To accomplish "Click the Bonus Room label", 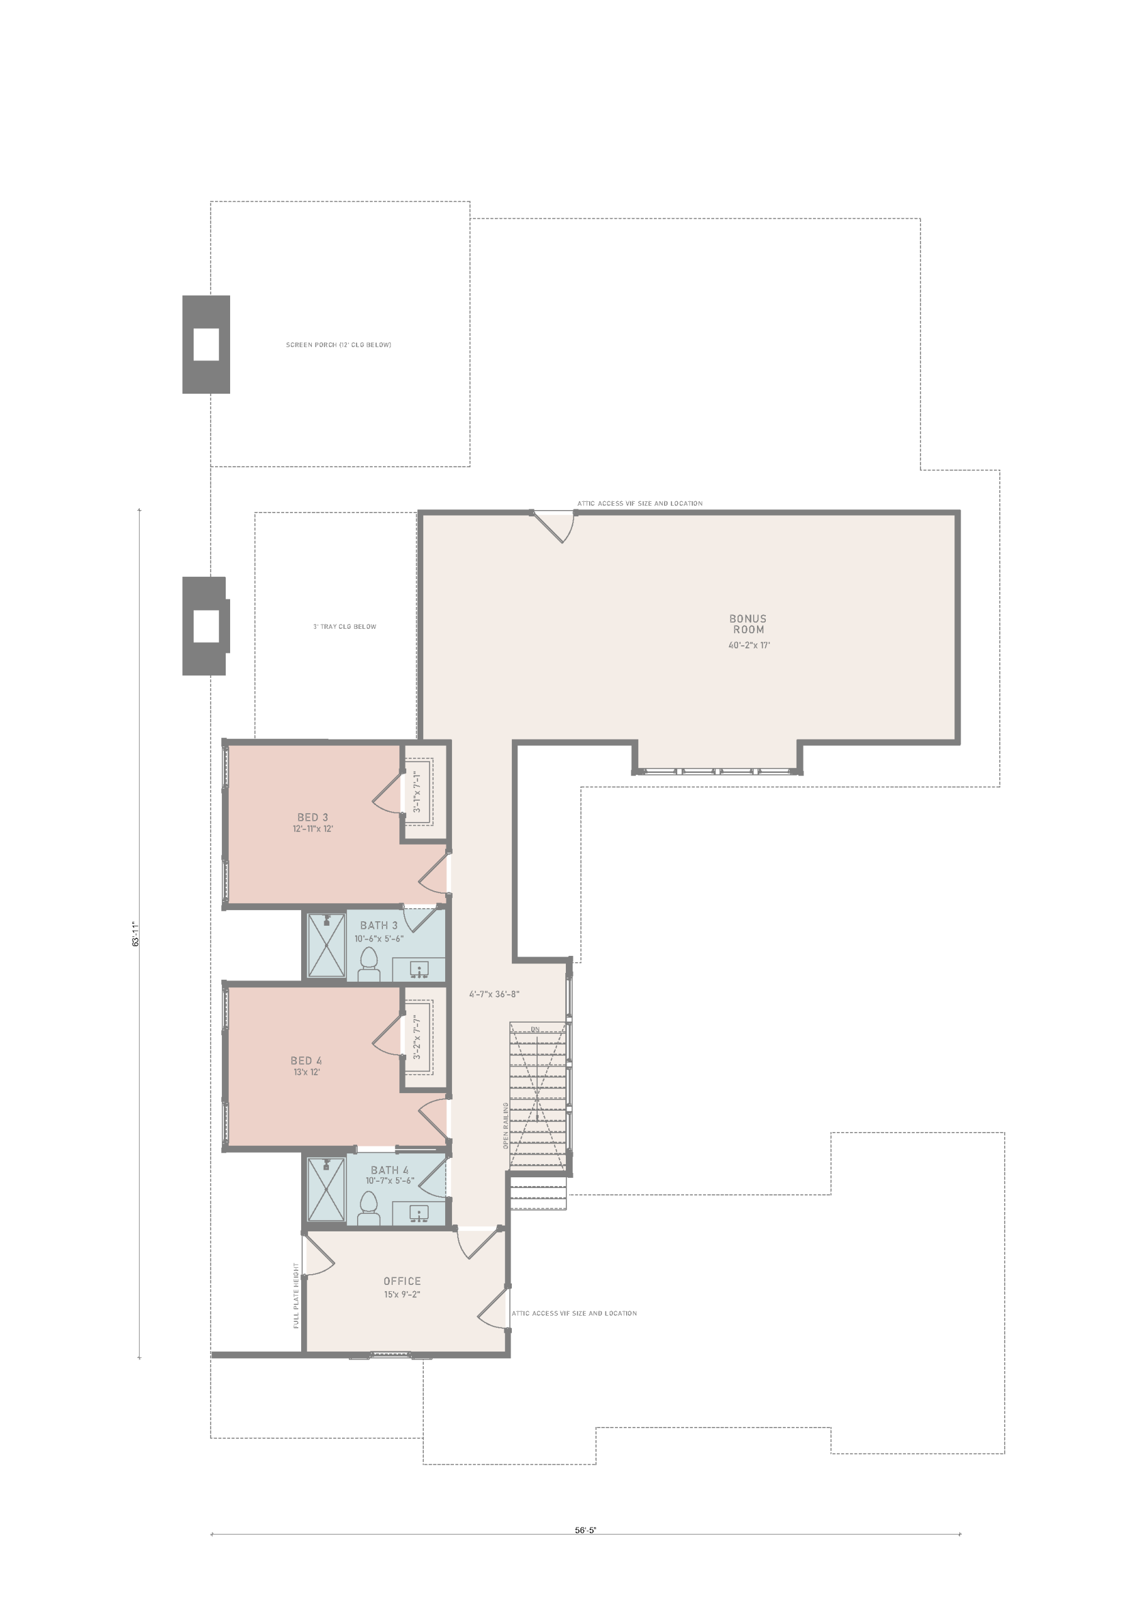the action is click(748, 624).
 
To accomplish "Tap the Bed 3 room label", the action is click(312, 817).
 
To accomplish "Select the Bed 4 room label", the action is click(306, 1061).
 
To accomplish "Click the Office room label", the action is click(402, 1281).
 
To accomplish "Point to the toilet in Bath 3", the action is click(368, 964).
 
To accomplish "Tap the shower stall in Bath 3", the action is click(327, 945).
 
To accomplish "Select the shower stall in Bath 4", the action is click(327, 1189).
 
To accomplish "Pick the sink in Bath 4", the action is click(419, 1213).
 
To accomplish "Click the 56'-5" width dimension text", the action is click(585, 1530).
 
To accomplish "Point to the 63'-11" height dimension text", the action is click(136, 934).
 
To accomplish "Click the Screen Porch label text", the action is click(339, 345).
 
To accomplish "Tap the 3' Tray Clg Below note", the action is click(345, 627).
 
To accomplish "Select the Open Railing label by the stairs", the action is click(505, 1126).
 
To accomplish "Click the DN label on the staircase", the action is click(535, 1030).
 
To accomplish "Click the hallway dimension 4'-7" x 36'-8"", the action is click(494, 994).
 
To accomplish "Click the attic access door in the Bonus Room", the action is click(553, 526).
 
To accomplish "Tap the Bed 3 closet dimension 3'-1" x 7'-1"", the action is click(416, 792).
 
